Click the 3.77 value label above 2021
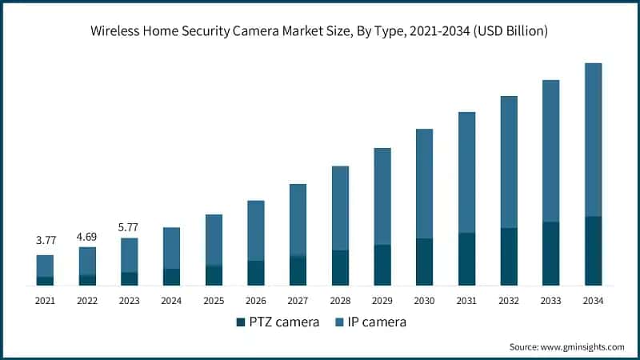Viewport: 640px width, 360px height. pos(45,240)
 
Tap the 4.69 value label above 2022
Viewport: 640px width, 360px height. pos(87,237)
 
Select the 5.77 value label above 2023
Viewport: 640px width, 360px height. pos(129,227)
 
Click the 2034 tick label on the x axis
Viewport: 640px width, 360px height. pos(593,301)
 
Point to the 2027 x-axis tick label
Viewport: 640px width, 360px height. pos(298,301)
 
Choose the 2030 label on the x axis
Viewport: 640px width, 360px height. pos(424,301)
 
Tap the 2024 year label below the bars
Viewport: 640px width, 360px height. pos(171,301)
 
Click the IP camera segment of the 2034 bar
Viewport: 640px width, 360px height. pos(593,140)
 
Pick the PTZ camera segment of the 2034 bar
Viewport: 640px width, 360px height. pos(593,251)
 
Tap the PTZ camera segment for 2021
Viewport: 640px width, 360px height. pos(45,281)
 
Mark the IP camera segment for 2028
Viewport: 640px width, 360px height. pos(340,208)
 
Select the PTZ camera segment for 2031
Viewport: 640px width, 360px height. pos(466,259)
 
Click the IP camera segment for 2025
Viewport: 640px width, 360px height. pos(214,240)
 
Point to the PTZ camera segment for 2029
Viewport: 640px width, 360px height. pos(382,266)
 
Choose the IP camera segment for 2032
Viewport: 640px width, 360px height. pos(509,162)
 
